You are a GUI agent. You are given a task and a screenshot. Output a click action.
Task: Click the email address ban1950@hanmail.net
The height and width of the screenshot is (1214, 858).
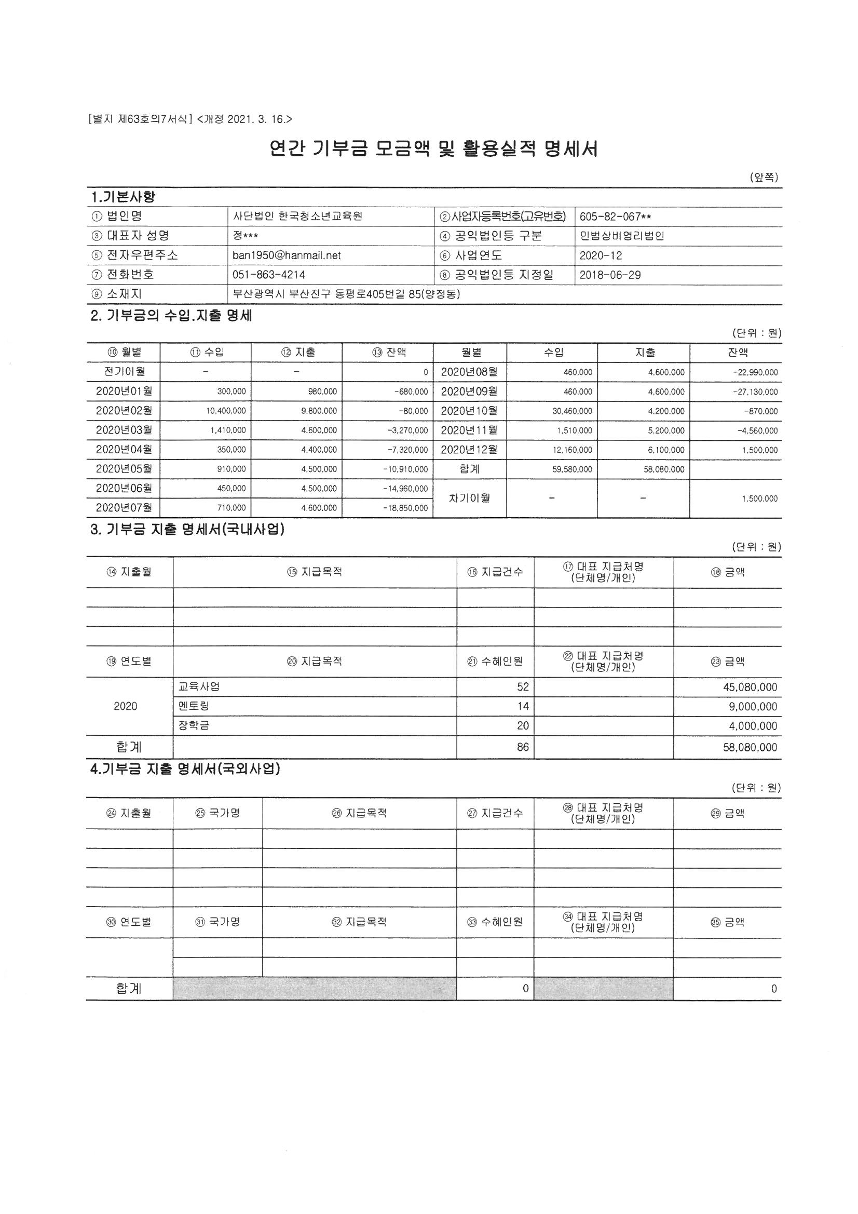coord(287,255)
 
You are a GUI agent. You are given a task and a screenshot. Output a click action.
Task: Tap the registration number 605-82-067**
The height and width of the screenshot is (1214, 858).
coord(615,216)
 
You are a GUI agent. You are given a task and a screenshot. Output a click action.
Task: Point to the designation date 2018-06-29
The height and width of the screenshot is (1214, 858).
coord(610,275)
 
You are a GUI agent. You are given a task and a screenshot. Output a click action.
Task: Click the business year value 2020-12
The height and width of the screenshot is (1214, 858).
coord(601,255)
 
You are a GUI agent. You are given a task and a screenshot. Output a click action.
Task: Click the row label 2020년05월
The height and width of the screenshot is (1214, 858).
coord(124,469)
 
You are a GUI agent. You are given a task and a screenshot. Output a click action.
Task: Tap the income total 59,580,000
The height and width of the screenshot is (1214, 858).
coord(572,469)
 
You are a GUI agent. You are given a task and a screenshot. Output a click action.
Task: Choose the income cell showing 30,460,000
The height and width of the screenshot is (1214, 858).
coord(572,411)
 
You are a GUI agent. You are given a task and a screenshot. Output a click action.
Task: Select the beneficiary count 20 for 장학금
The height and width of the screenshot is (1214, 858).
coord(523,726)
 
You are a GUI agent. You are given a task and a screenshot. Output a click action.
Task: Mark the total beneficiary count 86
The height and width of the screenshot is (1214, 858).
coord(523,748)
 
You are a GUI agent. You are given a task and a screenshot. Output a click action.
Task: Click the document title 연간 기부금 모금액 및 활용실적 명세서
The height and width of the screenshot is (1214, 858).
coord(433,149)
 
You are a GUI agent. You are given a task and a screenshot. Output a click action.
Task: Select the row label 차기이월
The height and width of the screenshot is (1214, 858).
coord(469,498)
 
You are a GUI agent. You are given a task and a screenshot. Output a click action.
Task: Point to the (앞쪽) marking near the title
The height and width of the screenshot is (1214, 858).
coord(764,178)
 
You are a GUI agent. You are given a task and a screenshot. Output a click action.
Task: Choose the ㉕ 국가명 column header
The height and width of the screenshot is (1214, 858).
coord(218,813)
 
